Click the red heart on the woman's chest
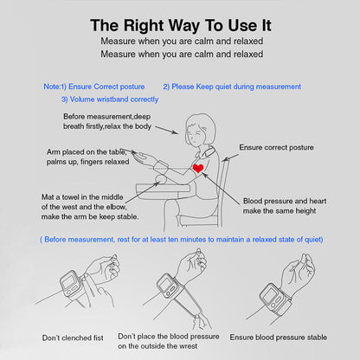click(x=198, y=168)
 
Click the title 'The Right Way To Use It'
click(x=181, y=25)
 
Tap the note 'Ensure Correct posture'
click(x=106, y=87)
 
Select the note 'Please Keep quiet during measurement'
click(x=236, y=87)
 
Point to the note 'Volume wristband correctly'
click(x=114, y=100)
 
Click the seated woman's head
click(x=200, y=129)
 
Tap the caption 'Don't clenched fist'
click(x=73, y=337)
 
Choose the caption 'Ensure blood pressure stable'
click(x=279, y=337)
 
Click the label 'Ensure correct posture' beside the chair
click(x=276, y=147)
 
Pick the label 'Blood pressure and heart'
click(x=285, y=201)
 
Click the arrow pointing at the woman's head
click(x=167, y=130)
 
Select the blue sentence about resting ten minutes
click(x=182, y=240)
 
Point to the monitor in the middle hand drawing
click(x=170, y=286)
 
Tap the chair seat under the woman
click(x=200, y=221)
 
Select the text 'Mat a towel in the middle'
click(x=82, y=197)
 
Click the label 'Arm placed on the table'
click(x=87, y=152)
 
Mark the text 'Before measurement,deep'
click(x=106, y=117)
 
